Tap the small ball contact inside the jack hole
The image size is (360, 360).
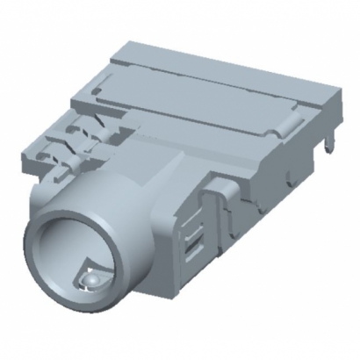[88, 279]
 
